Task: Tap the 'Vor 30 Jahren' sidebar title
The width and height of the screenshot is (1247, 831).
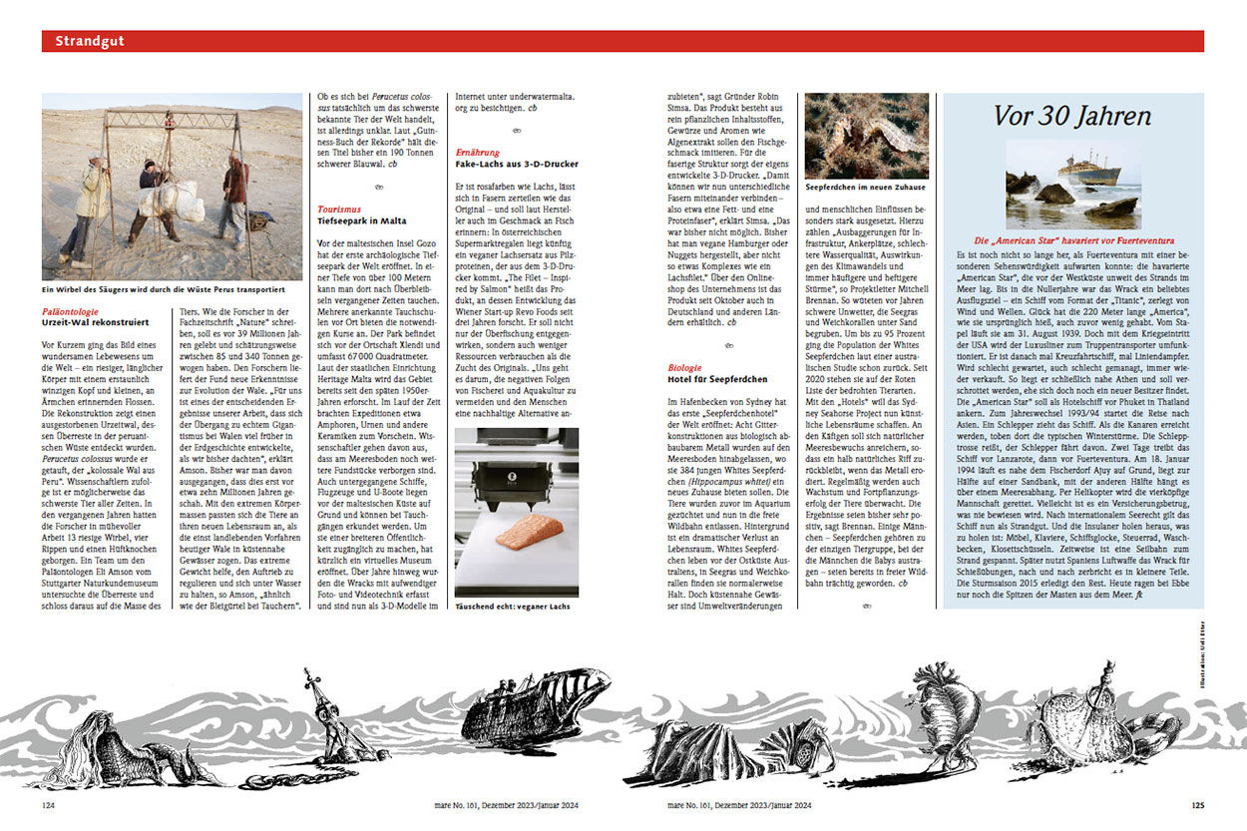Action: [1071, 116]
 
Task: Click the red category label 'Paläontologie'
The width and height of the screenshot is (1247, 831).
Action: [71, 312]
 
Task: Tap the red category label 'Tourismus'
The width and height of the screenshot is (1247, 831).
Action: [338, 208]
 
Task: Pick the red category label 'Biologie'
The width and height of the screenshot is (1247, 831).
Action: [684, 368]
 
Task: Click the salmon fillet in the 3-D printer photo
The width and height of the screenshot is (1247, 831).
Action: [529, 533]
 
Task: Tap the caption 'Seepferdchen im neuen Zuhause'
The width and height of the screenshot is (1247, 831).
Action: [866, 188]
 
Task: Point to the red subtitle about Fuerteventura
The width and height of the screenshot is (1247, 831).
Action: [1073, 240]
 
